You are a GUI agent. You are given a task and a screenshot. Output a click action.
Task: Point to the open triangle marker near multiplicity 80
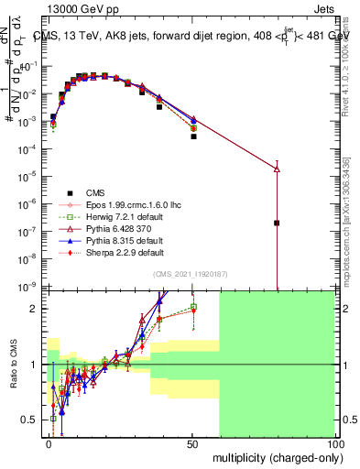[277, 169]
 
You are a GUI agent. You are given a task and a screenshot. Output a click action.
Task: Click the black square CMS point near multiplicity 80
[277, 223]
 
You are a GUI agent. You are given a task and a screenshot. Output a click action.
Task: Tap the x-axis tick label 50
[191, 442]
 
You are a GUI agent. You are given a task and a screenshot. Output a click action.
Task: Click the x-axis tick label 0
[49, 442]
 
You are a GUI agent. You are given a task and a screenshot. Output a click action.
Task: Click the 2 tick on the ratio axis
[35, 309]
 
